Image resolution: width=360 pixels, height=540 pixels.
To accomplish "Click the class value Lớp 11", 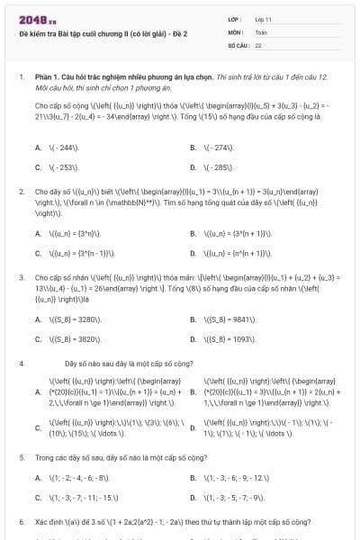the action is tap(263, 19).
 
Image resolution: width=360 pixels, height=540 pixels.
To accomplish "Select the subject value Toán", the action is tap(261, 31).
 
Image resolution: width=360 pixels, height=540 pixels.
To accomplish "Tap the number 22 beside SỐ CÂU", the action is tap(258, 44).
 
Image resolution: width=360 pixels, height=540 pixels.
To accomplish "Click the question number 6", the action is tap(21, 521).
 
